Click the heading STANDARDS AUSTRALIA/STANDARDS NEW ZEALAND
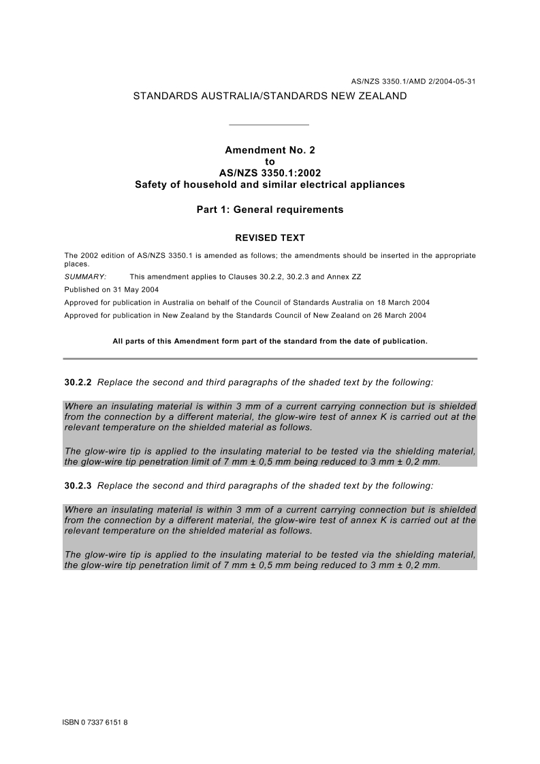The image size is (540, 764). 270,96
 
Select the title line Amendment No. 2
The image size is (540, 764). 270,150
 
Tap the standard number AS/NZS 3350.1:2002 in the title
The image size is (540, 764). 270,173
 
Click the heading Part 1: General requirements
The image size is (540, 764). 270,210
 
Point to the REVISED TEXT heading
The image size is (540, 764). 270,238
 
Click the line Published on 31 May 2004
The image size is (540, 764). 111,290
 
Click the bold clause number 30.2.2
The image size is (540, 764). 78,382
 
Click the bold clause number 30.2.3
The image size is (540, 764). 78,486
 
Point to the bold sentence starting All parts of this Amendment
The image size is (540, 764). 270,342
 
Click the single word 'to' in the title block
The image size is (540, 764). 270,161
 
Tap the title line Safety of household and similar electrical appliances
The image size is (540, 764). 270,184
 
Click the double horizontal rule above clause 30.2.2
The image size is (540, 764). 270,359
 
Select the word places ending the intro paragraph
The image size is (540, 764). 76,264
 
